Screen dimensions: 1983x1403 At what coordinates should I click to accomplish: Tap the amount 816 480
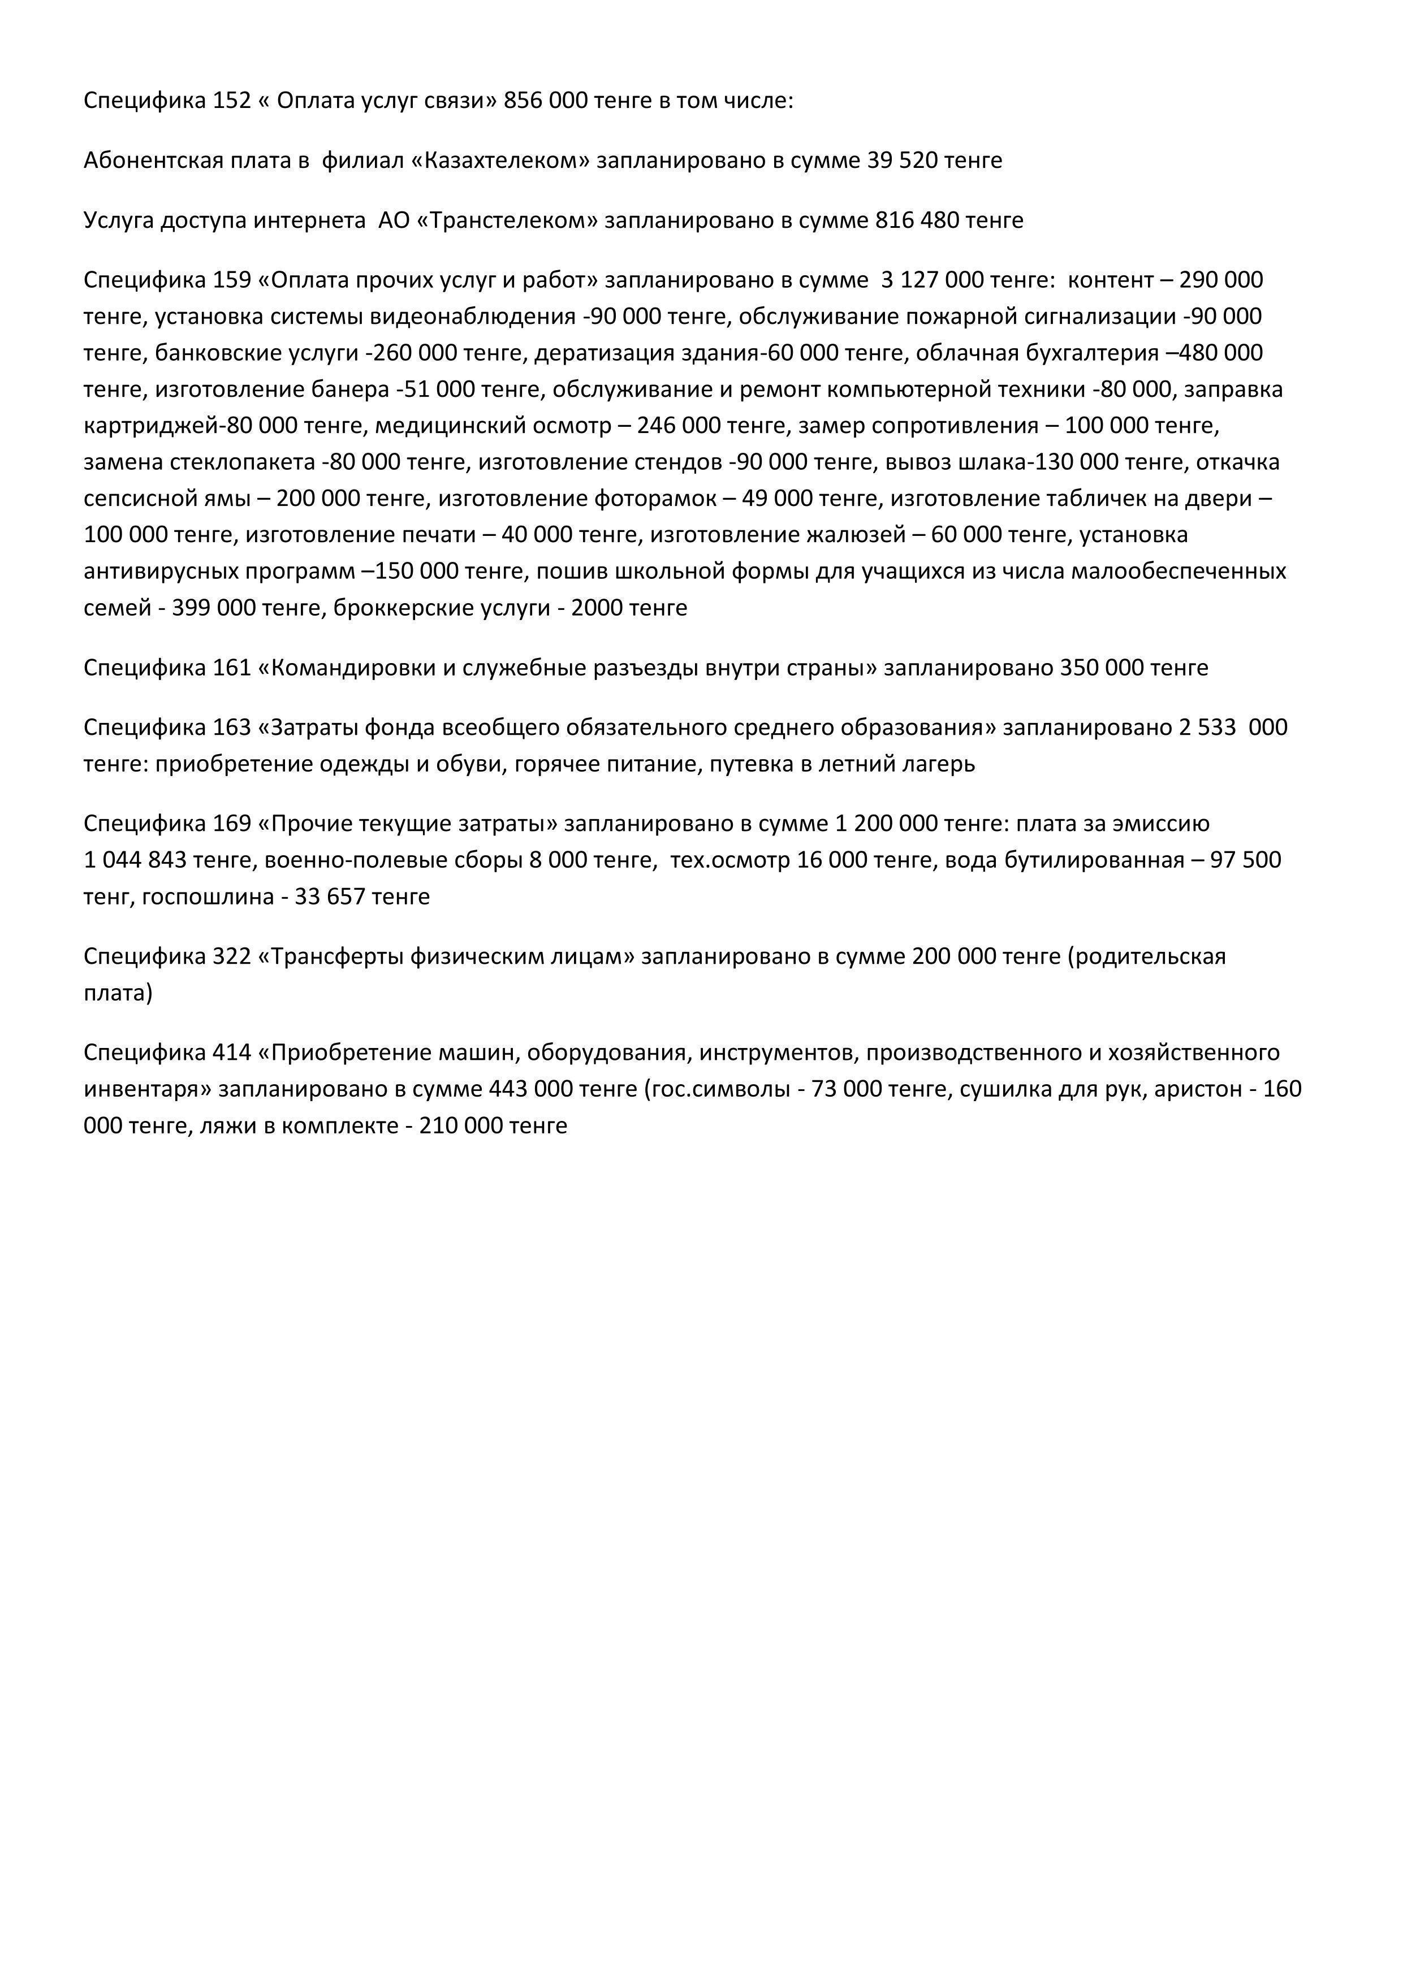click(917, 220)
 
